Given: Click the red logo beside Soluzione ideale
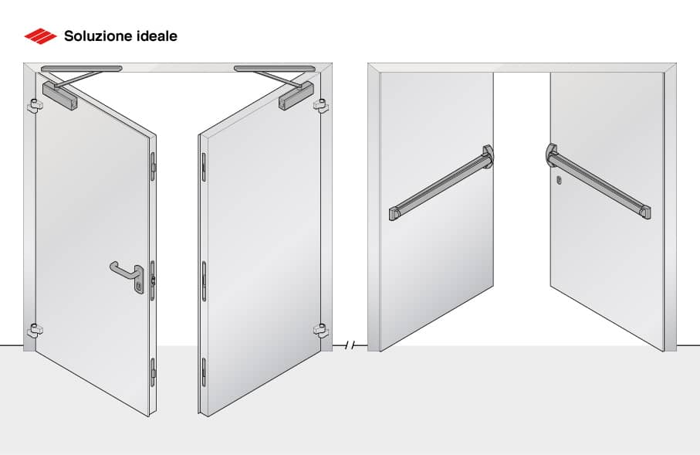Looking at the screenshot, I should click(40, 36).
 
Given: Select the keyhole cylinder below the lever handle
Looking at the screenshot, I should click(138, 288).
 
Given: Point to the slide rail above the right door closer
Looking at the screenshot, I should click(274, 69).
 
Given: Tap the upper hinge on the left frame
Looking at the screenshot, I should click(32, 105).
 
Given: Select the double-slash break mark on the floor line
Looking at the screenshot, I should click(350, 345).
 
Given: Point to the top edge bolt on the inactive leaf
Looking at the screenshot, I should click(204, 166).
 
